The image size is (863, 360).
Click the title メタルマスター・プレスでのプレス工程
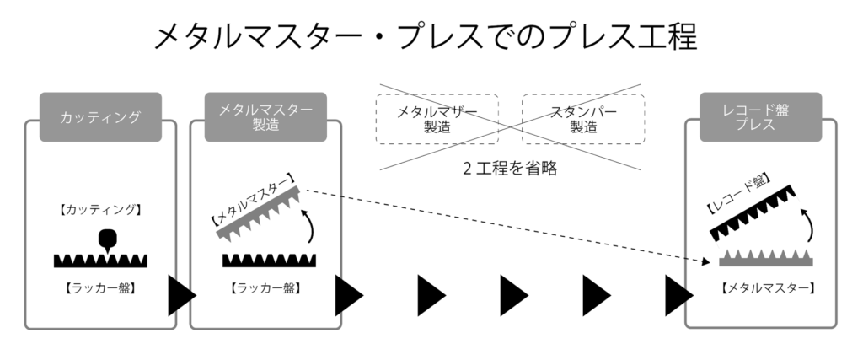tap(426, 36)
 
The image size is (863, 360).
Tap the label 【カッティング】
tap(100, 208)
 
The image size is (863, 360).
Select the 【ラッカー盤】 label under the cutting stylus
tap(100, 287)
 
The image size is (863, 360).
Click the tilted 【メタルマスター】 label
tap(251, 200)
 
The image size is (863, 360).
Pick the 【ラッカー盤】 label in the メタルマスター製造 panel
tap(265, 287)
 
